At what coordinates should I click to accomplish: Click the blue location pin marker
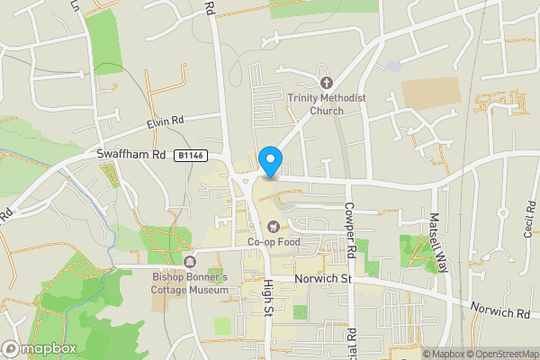click(270, 161)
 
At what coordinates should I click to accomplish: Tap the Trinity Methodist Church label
click(316, 104)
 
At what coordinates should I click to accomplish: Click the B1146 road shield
click(191, 156)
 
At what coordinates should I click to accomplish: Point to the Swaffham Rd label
click(131, 155)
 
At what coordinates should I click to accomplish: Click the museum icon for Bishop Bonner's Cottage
click(190, 262)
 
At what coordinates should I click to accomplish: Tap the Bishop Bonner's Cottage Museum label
click(190, 283)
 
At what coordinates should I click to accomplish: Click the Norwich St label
click(322, 280)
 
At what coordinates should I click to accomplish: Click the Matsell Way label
click(441, 244)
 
